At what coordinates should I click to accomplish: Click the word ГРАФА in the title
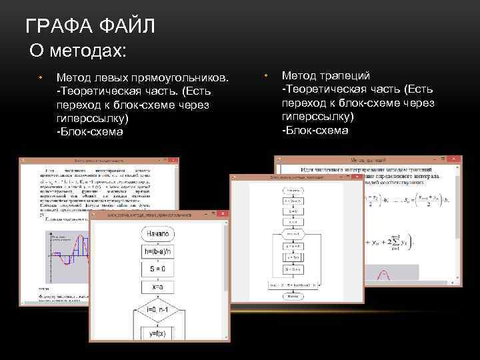tap(58, 27)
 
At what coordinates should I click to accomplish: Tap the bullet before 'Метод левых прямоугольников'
tap(40, 77)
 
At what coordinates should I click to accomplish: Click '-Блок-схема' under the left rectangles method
tap(90, 131)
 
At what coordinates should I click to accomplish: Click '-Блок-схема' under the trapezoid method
tap(315, 130)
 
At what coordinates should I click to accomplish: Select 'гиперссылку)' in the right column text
tap(318, 116)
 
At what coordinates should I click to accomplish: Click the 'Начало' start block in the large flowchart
tap(158, 234)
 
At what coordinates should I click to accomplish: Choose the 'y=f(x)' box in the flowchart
tap(158, 333)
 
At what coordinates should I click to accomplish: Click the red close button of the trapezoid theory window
tap(453, 160)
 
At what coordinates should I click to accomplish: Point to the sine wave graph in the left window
tap(67, 256)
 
